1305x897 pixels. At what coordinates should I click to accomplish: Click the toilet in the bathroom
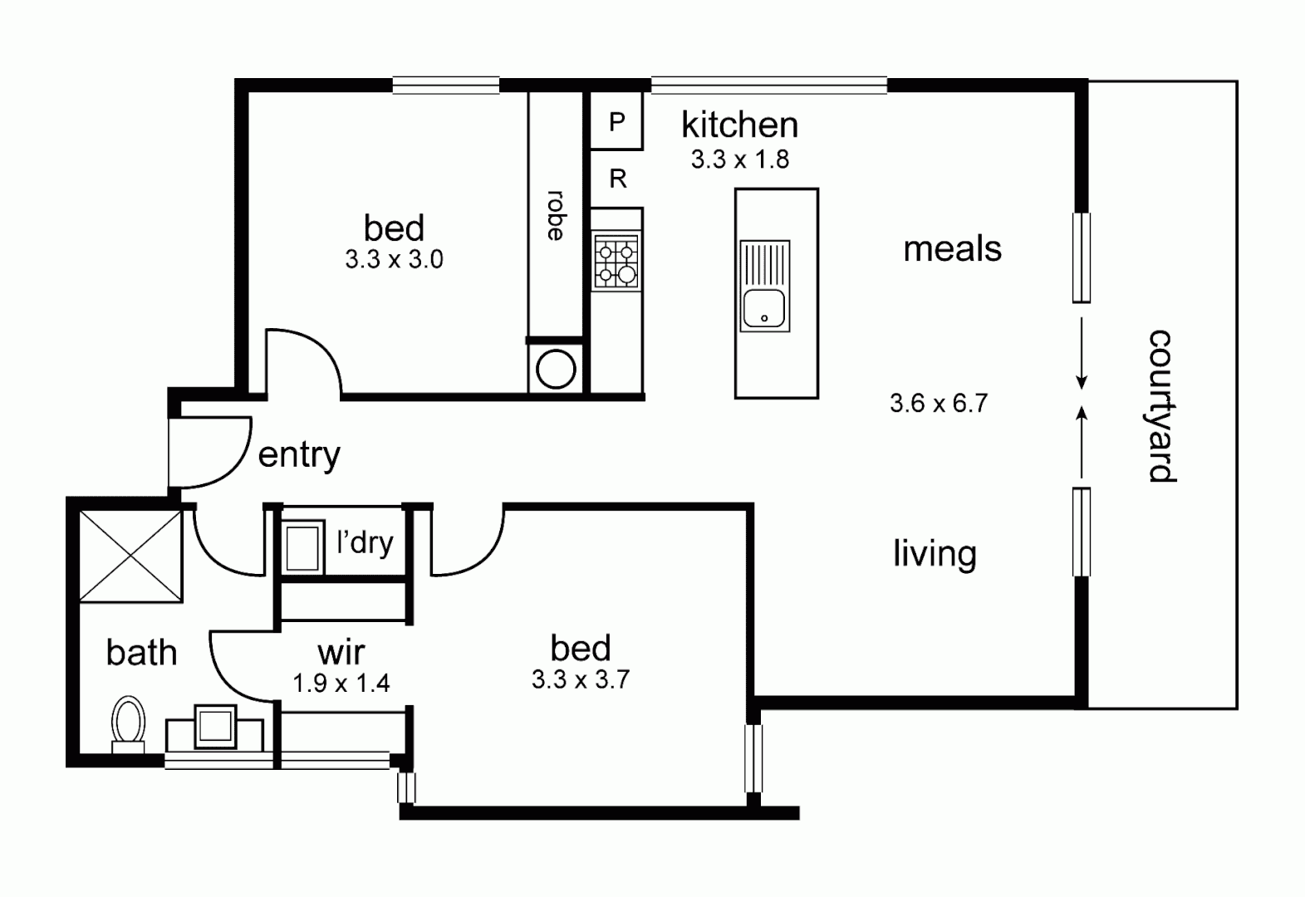coord(128,722)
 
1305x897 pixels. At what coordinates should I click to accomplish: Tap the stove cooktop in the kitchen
coord(616,262)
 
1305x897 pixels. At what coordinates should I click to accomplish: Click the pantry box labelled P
coord(616,122)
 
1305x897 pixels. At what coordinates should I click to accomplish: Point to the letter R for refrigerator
coord(618,179)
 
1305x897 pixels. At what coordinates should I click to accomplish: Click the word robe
coord(556,216)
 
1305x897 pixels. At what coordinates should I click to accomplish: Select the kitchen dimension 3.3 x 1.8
coord(739,159)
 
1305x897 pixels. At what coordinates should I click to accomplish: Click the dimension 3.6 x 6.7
coord(938,404)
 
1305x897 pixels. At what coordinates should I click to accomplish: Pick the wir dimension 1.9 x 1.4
coord(341,684)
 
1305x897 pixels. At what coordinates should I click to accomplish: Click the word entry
coord(299,454)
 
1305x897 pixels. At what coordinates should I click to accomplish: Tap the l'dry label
coord(365,542)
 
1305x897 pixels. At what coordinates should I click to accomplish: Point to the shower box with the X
coord(130,555)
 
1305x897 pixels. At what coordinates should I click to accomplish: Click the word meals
coord(952,249)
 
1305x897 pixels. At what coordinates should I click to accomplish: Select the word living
coord(935,554)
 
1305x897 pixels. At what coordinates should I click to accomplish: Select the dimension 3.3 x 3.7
coord(581,680)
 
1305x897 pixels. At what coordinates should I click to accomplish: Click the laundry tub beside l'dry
coord(302,546)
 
